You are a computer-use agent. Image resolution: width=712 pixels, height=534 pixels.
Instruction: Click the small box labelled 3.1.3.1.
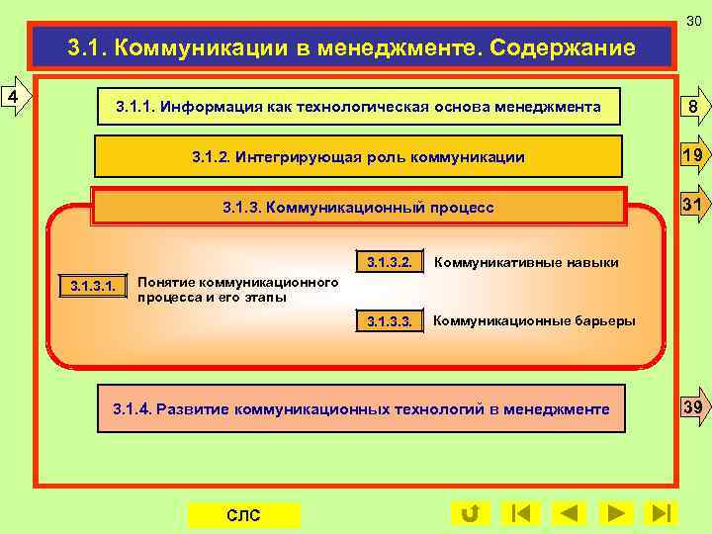93,286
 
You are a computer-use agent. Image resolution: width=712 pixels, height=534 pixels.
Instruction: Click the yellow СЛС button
243,515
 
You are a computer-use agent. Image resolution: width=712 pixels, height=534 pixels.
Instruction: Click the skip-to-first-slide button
520,513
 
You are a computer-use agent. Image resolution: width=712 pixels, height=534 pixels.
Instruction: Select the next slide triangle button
615,513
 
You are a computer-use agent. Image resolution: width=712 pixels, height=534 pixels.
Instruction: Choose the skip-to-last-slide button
661,513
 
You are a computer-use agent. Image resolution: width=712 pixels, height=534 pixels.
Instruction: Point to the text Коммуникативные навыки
526,262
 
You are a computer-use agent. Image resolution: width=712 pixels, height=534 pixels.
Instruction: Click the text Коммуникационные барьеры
534,321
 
